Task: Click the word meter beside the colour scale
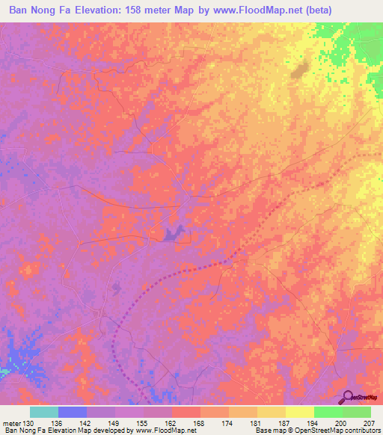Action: coord(12,423)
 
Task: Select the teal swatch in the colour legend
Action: coord(43,412)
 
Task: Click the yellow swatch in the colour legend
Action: coord(299,412)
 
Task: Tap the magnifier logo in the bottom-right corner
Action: coord(349,398)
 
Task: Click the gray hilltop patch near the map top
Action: coord(301,72)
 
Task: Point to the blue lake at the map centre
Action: coord(174,234)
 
